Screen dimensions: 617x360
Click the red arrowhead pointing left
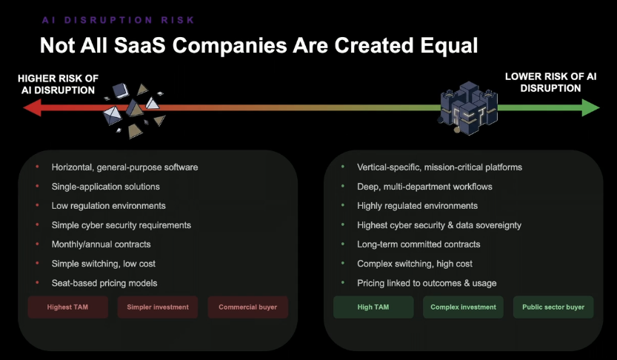tap(33, 107)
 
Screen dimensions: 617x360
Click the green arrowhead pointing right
tap(590, 107)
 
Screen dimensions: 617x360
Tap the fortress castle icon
tap(468, 108)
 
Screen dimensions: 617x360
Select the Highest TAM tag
tap(67, 307)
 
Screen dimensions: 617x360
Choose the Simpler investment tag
tap(158, 307)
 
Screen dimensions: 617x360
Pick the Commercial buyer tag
tap(248, 307)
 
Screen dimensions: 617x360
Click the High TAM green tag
tap(373, 307)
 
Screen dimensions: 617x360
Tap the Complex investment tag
tap(463, 307)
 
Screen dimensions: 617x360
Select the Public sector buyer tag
tap(553, 307)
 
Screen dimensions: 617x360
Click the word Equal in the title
tap(449, 45)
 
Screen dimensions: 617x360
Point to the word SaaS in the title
tap(140, 45)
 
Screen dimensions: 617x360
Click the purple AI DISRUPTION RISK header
tap(119, 20)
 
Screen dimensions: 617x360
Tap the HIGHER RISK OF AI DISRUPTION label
tap(59, 84)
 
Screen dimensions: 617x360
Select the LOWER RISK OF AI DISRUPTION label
tap(550, 82)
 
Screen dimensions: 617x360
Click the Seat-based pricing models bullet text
tap(104, 283)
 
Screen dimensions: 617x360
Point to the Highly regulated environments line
tap(417, 206)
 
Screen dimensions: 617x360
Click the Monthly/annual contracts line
tap(101, 244)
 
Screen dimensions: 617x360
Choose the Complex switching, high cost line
tap(415, 264)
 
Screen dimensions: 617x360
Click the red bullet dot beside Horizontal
tap(37, 167)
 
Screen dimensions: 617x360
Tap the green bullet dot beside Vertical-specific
tap(343, 167)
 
